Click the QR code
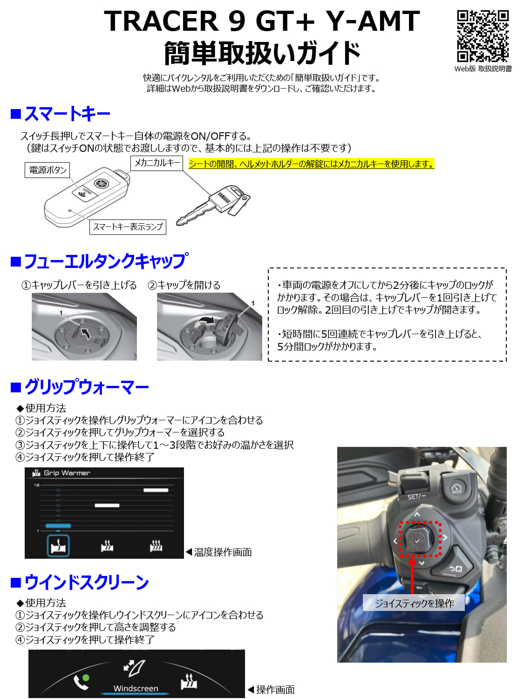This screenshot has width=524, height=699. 483,36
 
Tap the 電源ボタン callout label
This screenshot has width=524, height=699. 48,170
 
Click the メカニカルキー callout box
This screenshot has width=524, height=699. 157,163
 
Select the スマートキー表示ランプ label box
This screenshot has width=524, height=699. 128,227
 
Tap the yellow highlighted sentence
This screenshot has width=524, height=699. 312,164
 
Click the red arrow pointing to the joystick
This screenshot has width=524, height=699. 412,575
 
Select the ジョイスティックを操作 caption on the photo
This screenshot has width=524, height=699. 414,603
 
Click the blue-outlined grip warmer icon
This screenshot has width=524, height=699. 58,546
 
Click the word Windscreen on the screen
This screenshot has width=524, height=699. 136,688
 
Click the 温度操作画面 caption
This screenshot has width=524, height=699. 223,552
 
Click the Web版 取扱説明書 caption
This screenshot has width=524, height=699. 483,69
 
